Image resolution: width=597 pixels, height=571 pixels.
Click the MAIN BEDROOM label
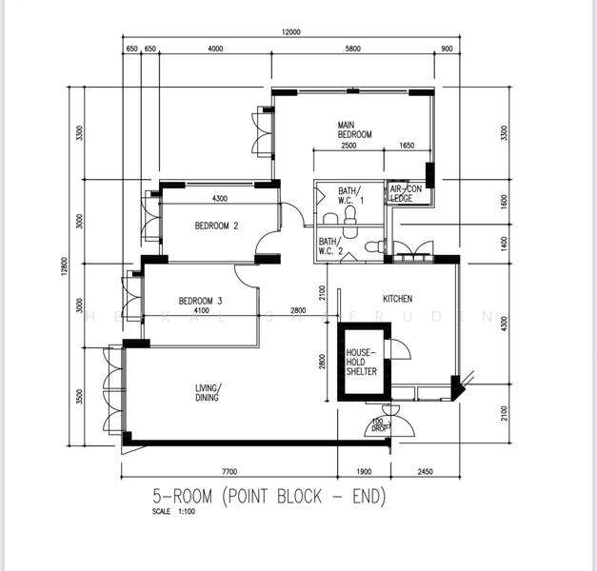(x=353, y=130)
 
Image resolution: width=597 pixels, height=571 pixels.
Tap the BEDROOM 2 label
(x=216, y=226)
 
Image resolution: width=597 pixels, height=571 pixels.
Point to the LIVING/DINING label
(x=209, y=392)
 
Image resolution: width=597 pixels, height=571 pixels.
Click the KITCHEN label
(x=397, y=299)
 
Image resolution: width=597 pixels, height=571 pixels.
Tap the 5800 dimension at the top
(x=353, y=49)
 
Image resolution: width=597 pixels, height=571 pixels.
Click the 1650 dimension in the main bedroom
(x=407, y=146)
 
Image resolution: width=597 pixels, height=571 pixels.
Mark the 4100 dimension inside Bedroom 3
(x=201, y=311)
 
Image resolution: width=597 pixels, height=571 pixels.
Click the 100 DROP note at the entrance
(x=378, y=424)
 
